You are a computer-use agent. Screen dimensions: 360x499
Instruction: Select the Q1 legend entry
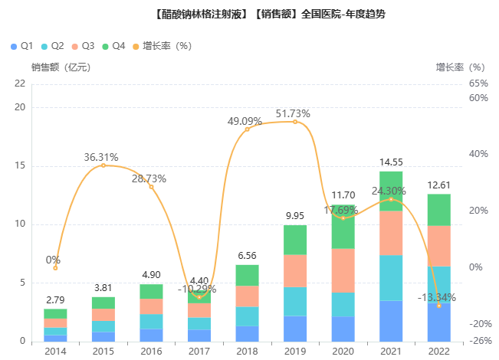point(21,47)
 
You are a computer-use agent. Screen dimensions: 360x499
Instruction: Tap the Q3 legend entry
point(83,47)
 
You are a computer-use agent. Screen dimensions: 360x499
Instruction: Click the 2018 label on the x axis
point(247,352)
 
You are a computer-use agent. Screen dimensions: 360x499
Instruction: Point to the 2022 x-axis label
point(438,352)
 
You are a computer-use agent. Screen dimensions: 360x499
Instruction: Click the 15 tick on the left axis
point(21,166)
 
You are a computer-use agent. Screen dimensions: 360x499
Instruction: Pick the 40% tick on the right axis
point(479,154)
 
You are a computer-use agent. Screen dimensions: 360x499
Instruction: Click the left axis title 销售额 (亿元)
point(61,67)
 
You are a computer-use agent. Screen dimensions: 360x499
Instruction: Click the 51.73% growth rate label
point(294,114)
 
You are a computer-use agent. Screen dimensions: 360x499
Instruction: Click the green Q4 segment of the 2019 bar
point(295,240)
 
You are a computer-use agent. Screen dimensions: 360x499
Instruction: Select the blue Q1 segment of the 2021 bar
point(391,321)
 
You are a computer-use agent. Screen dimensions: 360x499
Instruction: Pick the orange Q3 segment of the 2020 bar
point(343,270)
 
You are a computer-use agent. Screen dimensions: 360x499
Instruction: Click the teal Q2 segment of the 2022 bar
point(438,284)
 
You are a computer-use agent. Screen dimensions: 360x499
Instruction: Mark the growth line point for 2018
point(247,129)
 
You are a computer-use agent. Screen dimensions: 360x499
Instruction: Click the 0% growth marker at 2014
point(55,268)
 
